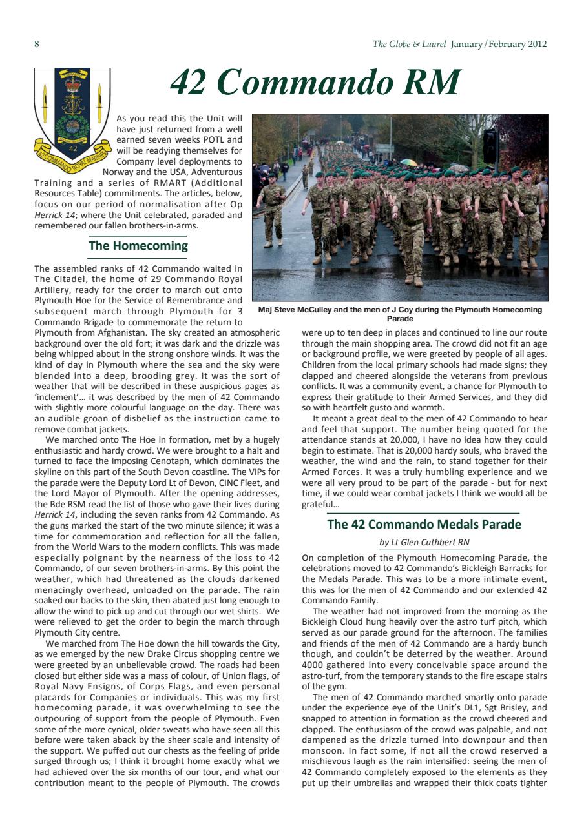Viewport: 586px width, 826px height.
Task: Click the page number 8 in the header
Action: [37, 45]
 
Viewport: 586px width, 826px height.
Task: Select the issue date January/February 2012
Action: [499, 45]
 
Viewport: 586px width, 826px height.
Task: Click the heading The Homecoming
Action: [138, 246]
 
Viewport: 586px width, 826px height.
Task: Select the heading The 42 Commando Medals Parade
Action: [424, 525]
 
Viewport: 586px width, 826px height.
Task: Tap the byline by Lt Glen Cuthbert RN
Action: [424, 542]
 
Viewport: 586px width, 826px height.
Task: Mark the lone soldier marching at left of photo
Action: [272, 210]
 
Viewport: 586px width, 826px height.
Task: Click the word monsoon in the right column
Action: [322, 751]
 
